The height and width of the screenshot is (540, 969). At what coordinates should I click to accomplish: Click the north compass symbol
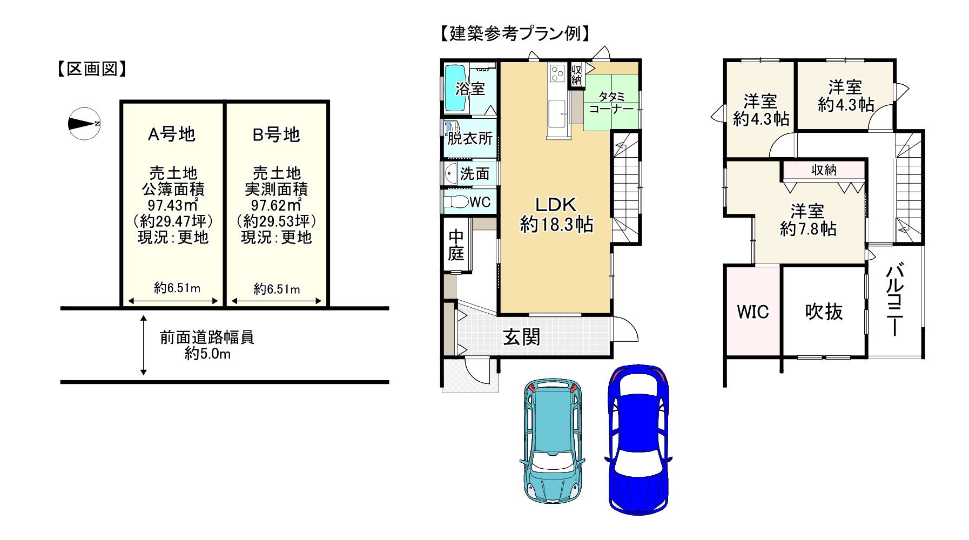click(x=84, y=124)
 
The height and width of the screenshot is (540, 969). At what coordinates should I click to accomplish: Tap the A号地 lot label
click(x=172, y=134)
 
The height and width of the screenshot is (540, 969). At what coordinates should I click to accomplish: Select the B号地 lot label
click(x=276, y=134)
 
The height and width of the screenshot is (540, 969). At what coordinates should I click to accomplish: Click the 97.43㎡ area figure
click(x=172, y=205)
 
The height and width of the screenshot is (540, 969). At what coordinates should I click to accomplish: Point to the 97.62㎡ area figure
click(x=276, y=205)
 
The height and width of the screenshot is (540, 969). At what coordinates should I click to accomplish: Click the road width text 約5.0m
click(x=207, y=354)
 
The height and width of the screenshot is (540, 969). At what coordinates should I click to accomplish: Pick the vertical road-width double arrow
click(x=144, y=346)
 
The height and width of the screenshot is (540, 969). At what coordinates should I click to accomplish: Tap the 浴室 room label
click(x=470, y=89)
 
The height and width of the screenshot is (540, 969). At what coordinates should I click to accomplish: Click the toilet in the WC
click(x=456, y=202)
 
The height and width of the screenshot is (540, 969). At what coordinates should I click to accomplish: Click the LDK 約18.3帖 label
click(x=556, y=214)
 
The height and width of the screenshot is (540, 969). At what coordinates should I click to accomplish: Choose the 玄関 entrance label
click(x=521, y=337)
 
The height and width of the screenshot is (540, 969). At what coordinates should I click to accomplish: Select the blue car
click(x=638, y=438)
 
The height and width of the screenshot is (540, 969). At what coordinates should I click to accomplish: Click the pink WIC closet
click(x=752, y=312)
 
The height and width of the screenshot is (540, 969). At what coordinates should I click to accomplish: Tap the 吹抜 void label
click(x=824, y=312)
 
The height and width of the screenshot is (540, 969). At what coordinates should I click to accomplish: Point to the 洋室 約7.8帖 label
click(x=808, y=220)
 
